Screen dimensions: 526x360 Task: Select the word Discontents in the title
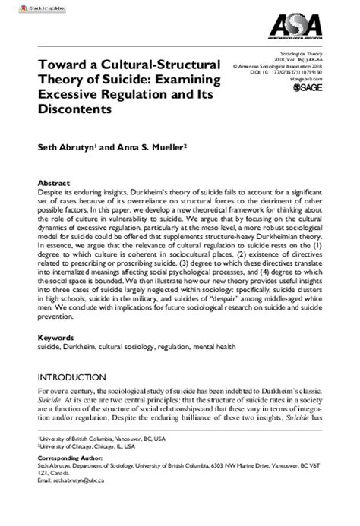click(70, 109)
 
